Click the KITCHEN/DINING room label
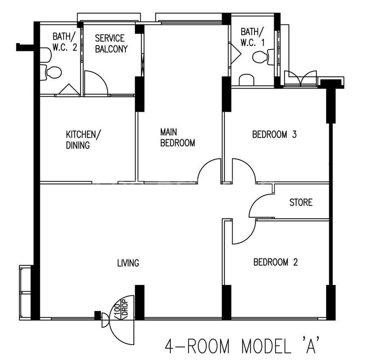[x=83, y=140]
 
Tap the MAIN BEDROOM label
[x=178, y=138]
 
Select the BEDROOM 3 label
[x=274, y=134]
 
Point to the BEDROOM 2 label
[x=276, y=262]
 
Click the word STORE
[x=301, y=202]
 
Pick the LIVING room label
[x=128, y=263]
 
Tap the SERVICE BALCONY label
[x=111, y=43]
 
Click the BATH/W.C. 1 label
[x=253, y=37]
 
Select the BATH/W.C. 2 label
[x=65, y=42]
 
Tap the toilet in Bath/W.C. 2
[x=51, y=72]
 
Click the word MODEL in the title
[x=266, y=346]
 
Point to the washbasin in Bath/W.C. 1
[x=246, y=80]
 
